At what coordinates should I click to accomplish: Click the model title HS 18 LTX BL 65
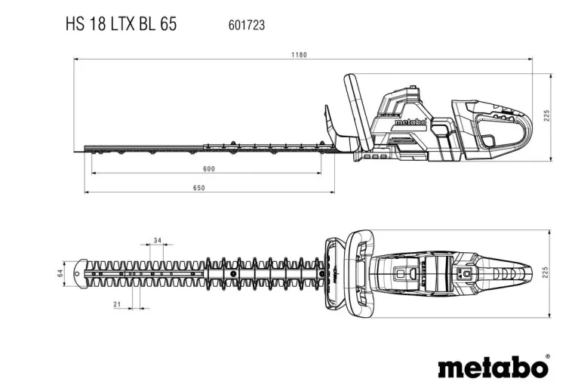pos(121,24)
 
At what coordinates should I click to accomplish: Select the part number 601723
pos(246,25)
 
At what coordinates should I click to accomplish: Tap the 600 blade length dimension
pos(209,168)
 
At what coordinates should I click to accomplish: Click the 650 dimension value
pos(198,187)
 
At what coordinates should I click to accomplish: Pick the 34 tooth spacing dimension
pos(156,240)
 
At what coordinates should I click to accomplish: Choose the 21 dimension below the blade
pos(117,303)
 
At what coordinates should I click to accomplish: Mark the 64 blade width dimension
pos(60,273)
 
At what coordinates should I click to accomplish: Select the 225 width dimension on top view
pos(546,272)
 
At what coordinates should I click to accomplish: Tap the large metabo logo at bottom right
pos(492,367)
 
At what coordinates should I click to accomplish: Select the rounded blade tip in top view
pos(80,273)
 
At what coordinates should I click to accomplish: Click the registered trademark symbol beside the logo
pos(548,356)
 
